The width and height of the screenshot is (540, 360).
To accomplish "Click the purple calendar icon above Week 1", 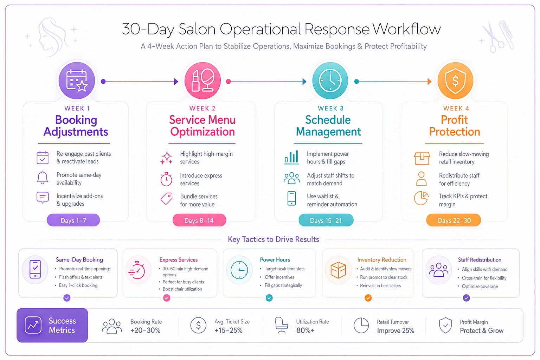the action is coord(77,81).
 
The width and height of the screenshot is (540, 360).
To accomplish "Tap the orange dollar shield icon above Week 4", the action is coord(455,81).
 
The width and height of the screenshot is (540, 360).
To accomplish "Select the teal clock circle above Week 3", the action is coord(330,81).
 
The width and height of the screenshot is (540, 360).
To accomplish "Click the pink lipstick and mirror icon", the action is coord(202,81).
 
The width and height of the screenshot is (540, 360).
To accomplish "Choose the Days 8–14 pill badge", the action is coord(199,220).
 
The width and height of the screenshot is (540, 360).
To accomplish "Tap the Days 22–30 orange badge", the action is coord(454,220).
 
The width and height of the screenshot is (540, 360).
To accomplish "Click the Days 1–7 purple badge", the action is coord(73,220).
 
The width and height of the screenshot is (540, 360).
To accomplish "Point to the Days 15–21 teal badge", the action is coord(326,220).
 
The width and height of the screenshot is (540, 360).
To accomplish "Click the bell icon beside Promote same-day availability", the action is coord(43,178).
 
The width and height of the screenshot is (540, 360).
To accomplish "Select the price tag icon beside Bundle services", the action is coord(167,199).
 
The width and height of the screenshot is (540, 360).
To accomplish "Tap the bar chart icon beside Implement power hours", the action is coord(291,157).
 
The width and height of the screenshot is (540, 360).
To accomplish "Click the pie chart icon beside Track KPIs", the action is coord(421,198).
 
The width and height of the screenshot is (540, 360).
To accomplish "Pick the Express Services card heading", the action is coord(178,260).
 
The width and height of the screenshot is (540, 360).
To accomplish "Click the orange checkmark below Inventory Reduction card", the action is coord(368,298).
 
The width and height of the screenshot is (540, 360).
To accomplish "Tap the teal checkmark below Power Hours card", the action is coord(269,298).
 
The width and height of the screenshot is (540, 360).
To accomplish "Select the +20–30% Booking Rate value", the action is coord(145,330).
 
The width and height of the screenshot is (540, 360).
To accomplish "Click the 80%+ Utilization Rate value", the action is coord(306,330).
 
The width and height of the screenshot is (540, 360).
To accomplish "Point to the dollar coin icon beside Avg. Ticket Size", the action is coord(198,326).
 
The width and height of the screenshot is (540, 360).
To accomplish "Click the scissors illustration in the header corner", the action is coord(492,37).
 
